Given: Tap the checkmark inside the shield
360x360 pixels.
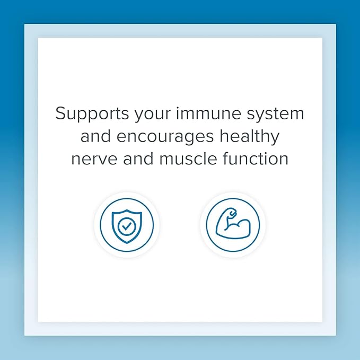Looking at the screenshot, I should pos(126,227).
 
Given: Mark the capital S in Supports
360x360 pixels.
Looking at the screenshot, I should pos(61,113).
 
